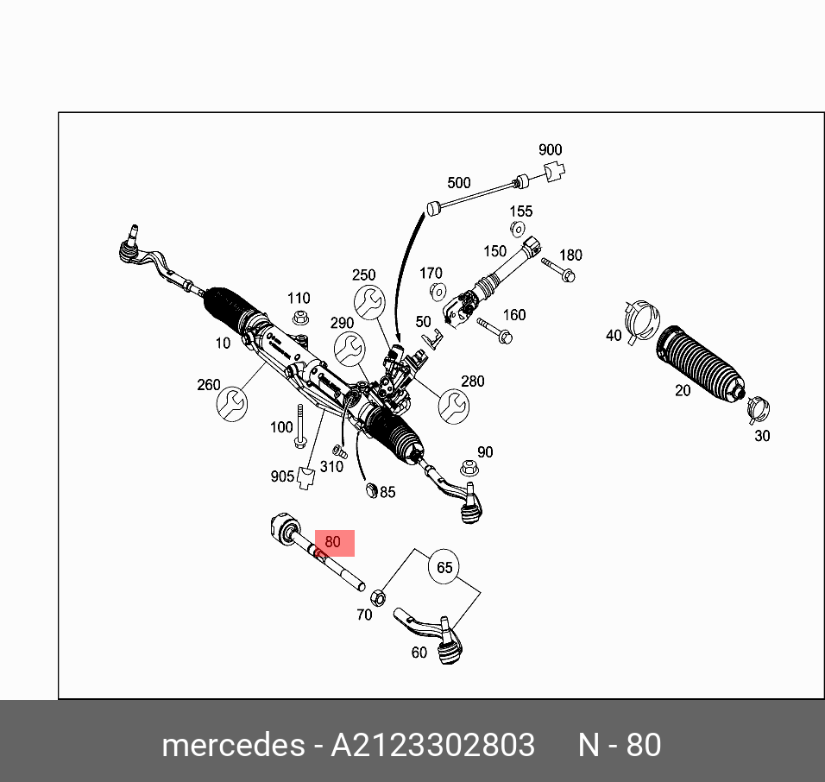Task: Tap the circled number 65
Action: [x=444, y=567]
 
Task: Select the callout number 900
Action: [x=550, y=150]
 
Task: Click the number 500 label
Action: [x=458, y=183]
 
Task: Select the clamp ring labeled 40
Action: [x=639, y=319]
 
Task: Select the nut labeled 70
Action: [x=377, y=596]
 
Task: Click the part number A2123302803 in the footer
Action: [x=433, y=744]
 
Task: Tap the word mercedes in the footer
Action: [x=231, y=744]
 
